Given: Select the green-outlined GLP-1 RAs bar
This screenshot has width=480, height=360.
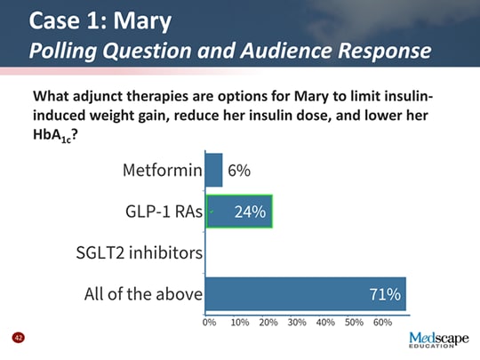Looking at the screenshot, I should pos(239,212).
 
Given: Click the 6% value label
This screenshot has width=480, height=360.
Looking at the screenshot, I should pos(239,171).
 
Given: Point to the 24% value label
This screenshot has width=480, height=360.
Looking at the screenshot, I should pos(250,212).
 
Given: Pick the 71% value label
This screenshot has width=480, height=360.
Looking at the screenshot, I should pos(384,294).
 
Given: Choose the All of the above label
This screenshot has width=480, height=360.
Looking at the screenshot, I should pos(142,294).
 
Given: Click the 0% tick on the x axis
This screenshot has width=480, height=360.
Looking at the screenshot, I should pos(210,323).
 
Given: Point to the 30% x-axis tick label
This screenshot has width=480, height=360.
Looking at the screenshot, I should pos(297,323).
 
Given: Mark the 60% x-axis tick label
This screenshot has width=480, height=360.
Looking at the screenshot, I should pos(383,323).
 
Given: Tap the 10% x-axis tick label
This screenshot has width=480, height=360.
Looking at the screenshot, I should pos(239,323).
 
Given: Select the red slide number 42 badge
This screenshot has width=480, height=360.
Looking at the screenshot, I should pos(17,338).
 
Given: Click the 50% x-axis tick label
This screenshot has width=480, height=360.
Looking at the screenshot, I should pos(355,323).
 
